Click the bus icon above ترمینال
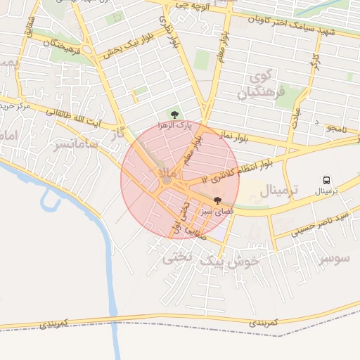326,181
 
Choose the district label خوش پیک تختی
211,259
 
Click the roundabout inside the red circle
167,181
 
